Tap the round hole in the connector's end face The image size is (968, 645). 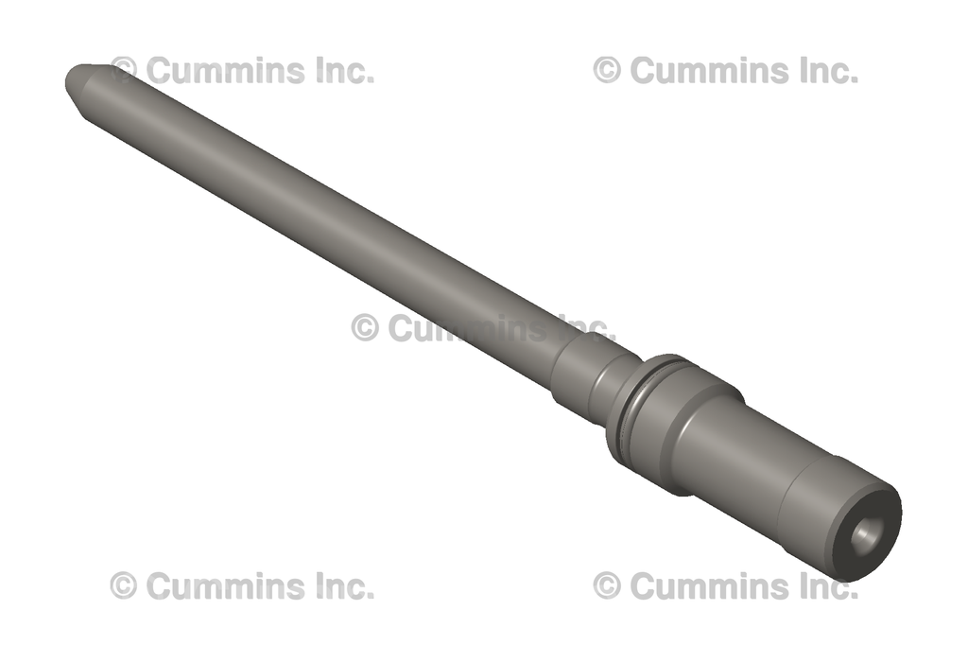[x=866, y=535]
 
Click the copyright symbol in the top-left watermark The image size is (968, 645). [x=124, y=70]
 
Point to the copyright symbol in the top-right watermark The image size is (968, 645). [x=607, y=70]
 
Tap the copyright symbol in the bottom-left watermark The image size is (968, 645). [x=124, y=585]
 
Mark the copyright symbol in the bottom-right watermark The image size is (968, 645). [x=607, y=585]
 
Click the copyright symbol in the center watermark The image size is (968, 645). [x=365, y=327]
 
